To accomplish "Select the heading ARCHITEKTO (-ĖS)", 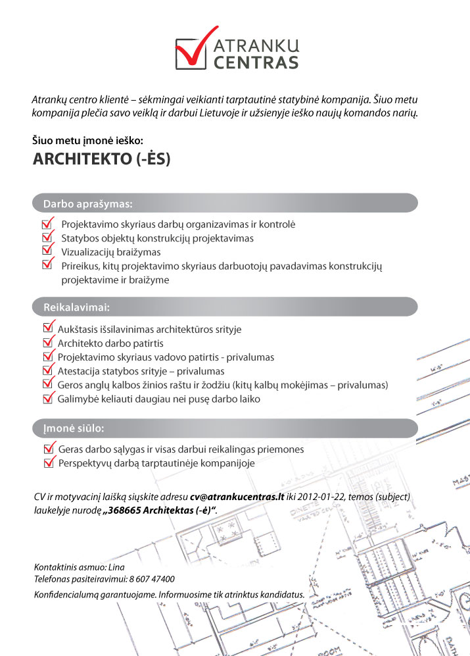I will click(101, 160).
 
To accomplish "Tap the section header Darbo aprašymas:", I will click(88, 203).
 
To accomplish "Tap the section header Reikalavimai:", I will click(76, 307).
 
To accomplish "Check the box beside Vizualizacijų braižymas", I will click(47, 251).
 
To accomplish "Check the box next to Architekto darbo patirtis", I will click(47, 342).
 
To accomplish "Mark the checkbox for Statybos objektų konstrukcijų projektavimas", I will click(47, 237).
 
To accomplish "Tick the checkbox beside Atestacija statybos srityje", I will click(47, 370).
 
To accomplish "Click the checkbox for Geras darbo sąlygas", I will click(48, 449).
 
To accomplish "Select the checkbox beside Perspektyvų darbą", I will click(48, 463).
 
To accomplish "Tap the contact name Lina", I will click(115, 567).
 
